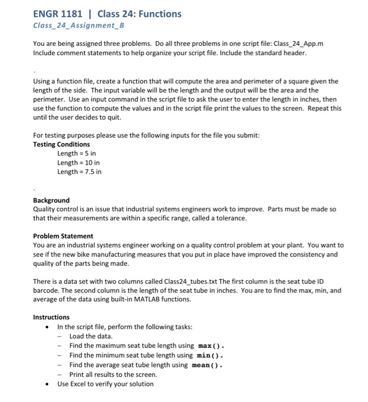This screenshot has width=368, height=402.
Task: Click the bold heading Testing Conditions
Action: point(62,144)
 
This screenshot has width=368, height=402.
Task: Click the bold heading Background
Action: point(51,200)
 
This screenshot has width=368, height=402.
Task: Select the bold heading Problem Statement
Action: point(63,236)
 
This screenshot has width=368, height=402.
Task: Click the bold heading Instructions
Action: point(51,317)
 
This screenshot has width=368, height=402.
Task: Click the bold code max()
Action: point(210,346)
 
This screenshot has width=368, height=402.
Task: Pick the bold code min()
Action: point(209,355)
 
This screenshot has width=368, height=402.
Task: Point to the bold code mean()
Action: point(206,365)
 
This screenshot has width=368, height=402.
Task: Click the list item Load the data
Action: point(91,337)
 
